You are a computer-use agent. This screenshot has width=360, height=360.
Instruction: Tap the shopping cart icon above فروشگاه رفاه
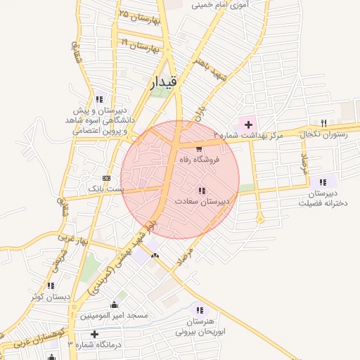[x=200, y=148]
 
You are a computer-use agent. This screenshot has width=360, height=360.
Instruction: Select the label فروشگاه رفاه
[x=198, y=160]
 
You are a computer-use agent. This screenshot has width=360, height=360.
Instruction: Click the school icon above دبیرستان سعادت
[x=202, y=191]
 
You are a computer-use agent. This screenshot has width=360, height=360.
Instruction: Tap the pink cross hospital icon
[x=248, y=124]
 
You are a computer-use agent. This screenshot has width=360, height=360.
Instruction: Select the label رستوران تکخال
[x=324, y=134]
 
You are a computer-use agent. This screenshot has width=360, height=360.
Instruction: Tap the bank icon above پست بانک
[x=106, y=178]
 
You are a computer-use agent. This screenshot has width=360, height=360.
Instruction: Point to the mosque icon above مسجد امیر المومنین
[x=114, y=305]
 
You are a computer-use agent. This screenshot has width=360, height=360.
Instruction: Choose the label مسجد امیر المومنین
[x=114, y=316]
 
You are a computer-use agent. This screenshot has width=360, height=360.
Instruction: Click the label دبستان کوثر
[x=51, y=297]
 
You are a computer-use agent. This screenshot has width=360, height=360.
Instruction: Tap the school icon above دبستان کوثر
[x=51, y=285]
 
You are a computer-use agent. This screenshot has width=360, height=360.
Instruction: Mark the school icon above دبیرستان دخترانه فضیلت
[x=323, y=181]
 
